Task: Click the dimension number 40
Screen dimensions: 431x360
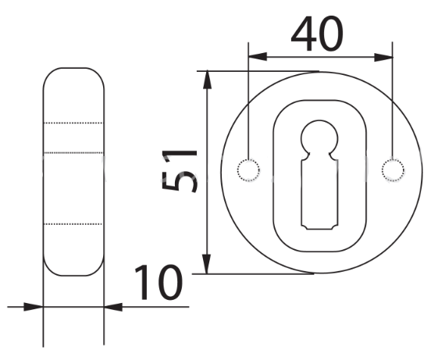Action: point(317,34)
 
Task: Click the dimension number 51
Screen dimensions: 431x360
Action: point(180,171)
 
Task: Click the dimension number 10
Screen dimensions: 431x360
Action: point(159,283)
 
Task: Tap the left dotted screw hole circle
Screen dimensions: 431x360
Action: point(248,170)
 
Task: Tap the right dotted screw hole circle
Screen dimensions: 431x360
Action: point(393,170)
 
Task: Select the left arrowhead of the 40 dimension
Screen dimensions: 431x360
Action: point(258,57)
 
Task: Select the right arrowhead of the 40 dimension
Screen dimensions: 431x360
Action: point(383,58)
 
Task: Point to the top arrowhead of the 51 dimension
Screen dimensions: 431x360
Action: point(207,80)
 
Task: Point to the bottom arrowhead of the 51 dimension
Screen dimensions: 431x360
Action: point(207,265)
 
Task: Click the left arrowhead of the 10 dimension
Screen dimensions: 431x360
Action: point(34,307)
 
